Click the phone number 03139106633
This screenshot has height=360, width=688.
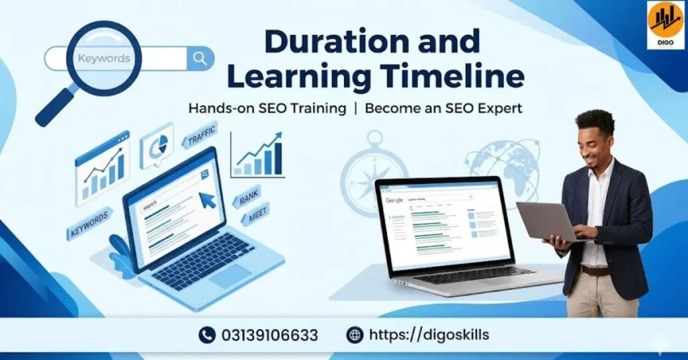click(269, 335)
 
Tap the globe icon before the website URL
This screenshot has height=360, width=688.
click(355, 335)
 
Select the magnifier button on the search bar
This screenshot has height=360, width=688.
click(200, 58)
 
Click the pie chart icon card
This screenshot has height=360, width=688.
click(157, 146)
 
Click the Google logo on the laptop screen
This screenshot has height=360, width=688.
click(394, 201)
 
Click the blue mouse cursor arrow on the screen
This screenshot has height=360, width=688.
click(208, 199)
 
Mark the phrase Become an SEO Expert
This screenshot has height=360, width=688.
click(443, 108)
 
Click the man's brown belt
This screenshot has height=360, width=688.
click(595, 270)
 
